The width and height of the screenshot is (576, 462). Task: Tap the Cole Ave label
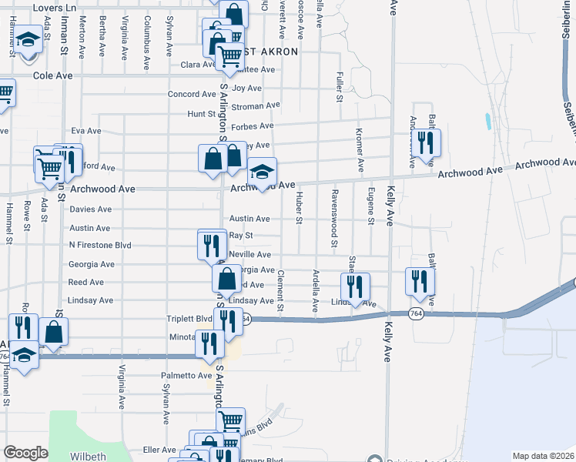pos(52,76)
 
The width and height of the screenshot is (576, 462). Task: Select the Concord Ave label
pos(193,95)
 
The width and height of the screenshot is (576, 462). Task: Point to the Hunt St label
pos(201,114)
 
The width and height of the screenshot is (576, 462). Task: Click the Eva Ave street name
pos(85,131)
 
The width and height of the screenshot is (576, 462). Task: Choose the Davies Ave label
pos(90,209)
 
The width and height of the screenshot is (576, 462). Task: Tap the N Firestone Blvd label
pos(100,246)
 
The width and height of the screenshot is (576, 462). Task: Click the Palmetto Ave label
pos(186,376)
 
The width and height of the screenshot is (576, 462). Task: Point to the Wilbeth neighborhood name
pos(88,456)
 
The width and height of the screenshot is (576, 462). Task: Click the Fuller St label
pos(339,87)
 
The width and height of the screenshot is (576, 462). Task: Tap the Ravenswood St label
pos(334,219)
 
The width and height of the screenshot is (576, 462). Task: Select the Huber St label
pos(299,209)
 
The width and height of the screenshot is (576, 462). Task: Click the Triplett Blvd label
pos(189,319)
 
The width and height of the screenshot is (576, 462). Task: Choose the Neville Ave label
pos(251,255)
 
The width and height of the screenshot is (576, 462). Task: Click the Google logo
pos(25,453)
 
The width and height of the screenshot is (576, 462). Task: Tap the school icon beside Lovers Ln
pos(28,39)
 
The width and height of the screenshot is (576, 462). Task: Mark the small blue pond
pos(487,120)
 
